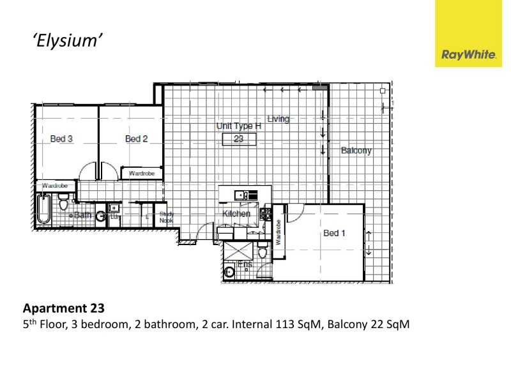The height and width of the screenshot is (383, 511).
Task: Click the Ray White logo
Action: click(469, 55)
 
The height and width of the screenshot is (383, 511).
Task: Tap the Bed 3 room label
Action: click(61, 139)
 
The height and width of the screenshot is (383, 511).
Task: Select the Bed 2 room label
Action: click(136, 139)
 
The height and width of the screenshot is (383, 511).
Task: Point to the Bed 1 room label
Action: click(334, 233)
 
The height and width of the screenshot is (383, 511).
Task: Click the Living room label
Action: click(278, 119)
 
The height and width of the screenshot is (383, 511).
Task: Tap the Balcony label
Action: click(356, 151)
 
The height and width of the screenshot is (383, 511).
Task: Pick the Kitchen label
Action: click(236, 213)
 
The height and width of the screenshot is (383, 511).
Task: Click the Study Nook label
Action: click(166, 217)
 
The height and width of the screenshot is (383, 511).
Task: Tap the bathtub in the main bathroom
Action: click(43, 209)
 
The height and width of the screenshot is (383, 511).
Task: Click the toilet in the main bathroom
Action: click(63, 204)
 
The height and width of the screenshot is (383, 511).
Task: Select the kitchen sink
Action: click(241, 195)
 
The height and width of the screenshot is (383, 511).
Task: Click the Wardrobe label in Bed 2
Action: click(141, 173)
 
